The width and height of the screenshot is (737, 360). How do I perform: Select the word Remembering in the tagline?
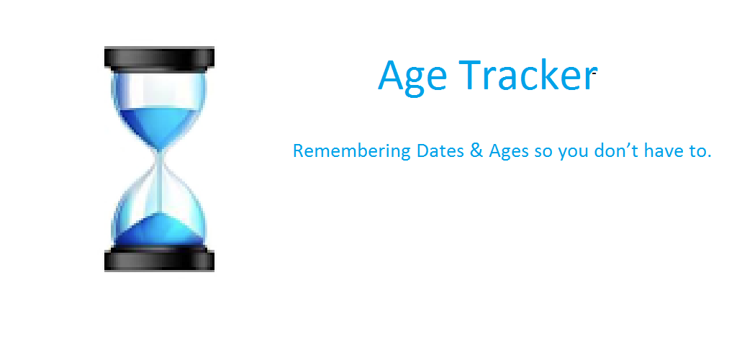tap(351, 152)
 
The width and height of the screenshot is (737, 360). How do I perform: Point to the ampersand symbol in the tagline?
tap(476, 151)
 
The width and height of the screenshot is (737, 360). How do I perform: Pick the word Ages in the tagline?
tap(509, 152)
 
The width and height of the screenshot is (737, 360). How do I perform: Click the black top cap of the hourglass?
tap(159, 58)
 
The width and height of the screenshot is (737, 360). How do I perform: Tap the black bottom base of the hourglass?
tap(159, 260)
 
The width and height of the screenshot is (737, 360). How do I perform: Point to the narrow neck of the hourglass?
tap(160, 162)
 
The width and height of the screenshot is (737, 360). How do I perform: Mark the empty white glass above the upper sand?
tap(160, 89)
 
